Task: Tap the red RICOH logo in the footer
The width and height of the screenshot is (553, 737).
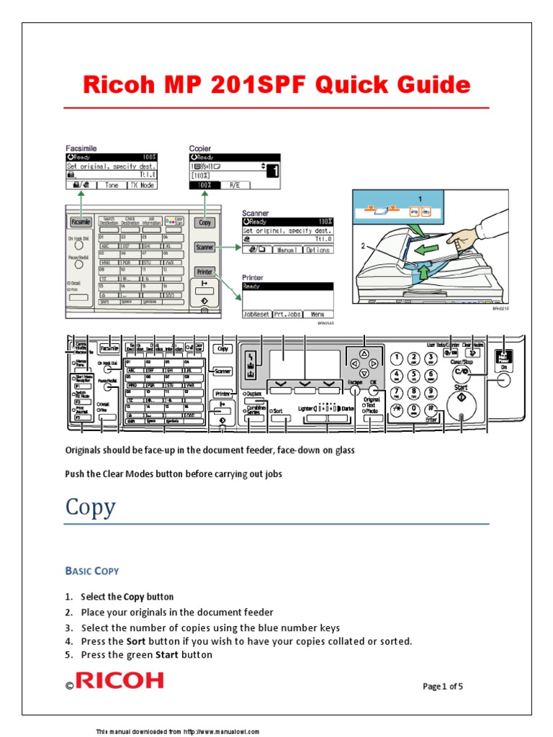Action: (120, 680)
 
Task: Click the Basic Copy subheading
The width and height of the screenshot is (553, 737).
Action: (92, 571)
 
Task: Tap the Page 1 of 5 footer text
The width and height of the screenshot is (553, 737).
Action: (442, 686)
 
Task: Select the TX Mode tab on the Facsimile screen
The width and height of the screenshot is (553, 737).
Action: (142, 185)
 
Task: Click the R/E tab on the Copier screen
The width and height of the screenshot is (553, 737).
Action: (235, 185)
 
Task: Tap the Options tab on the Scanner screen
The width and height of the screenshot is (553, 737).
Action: (317, 250)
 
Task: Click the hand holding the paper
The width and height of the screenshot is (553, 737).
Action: (464, 238)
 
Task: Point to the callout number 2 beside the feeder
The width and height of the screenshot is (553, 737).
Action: (364, 245)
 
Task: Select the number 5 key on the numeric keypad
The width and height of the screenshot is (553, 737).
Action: (414, 376)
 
